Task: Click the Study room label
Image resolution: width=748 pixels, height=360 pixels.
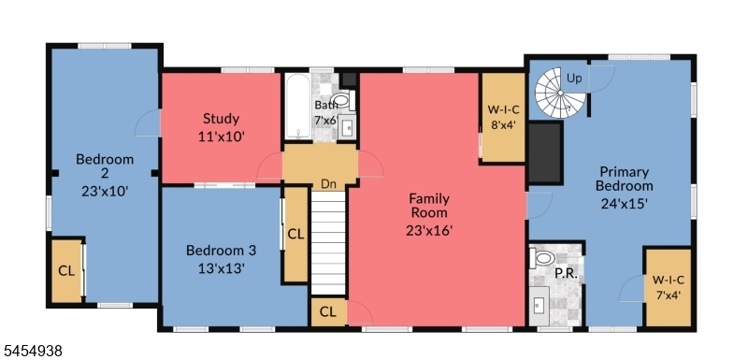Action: pyautogui.click(x=221, y=118)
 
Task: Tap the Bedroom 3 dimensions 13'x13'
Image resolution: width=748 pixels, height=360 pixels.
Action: pyautogui.click(x=222, y=268)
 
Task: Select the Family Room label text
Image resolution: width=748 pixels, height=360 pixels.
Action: pyautogui.click(x=429, y=206)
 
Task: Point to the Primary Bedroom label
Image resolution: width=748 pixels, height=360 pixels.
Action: pyautogui.click(x=624, y=179)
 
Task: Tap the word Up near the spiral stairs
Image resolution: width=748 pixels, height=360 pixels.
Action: pyautogui.click(x=574, y=79)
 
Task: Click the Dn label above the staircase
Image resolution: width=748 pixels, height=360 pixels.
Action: pyautogui.click(x=328, y=184)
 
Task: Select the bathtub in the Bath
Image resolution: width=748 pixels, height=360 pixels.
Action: pyautogui.click(x=298, y=106)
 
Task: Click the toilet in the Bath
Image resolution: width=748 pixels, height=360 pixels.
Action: pyautogui.click(x=342, y=100)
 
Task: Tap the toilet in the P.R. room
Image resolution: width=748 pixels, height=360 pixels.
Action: pyautogui.click(x=542, y=258)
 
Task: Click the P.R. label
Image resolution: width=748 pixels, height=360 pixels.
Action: pyautogui.click(x=567, y=275)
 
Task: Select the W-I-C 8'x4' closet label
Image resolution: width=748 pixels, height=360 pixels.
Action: pyautogui.click(x=503, y=117)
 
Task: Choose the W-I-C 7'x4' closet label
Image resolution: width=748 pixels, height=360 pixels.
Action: pyautogui.click(x=669, y=287)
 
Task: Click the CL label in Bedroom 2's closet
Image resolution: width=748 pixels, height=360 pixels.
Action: pyautogui.click(x=66, y=271)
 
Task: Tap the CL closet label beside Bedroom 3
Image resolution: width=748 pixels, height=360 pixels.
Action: pyautogui.click(x=295, y=234)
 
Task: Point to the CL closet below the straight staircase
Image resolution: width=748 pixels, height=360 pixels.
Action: pyautogui.click(x=328, y=311)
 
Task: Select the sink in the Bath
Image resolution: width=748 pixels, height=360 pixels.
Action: pyautogui.click(x=348, y=127)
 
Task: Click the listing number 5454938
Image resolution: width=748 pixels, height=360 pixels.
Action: pyautogui.click(x=31, y=352)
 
